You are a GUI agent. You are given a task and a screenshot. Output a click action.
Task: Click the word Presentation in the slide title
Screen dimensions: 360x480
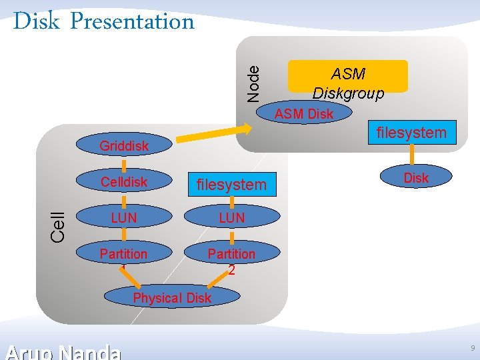point(131,22)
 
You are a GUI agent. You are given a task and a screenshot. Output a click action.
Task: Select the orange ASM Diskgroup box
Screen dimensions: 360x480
point(347,76)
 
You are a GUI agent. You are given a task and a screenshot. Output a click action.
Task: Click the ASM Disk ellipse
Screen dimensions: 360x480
point(303,114)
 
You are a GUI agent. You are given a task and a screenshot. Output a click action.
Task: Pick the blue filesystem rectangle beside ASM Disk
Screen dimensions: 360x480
point(411,132)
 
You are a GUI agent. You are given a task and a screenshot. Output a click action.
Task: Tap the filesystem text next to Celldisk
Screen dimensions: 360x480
point(231,185)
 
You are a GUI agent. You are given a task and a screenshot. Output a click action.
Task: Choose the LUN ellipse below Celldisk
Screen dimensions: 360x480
point(124,218)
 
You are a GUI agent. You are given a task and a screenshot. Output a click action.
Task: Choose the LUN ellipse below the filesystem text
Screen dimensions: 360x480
point(231,218)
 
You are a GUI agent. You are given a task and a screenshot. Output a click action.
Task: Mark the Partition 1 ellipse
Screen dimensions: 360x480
point(124,255)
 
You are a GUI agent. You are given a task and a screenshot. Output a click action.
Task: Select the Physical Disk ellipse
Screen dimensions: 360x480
point(171,298)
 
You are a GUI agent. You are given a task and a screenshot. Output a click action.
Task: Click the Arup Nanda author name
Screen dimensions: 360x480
point(63,351)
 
